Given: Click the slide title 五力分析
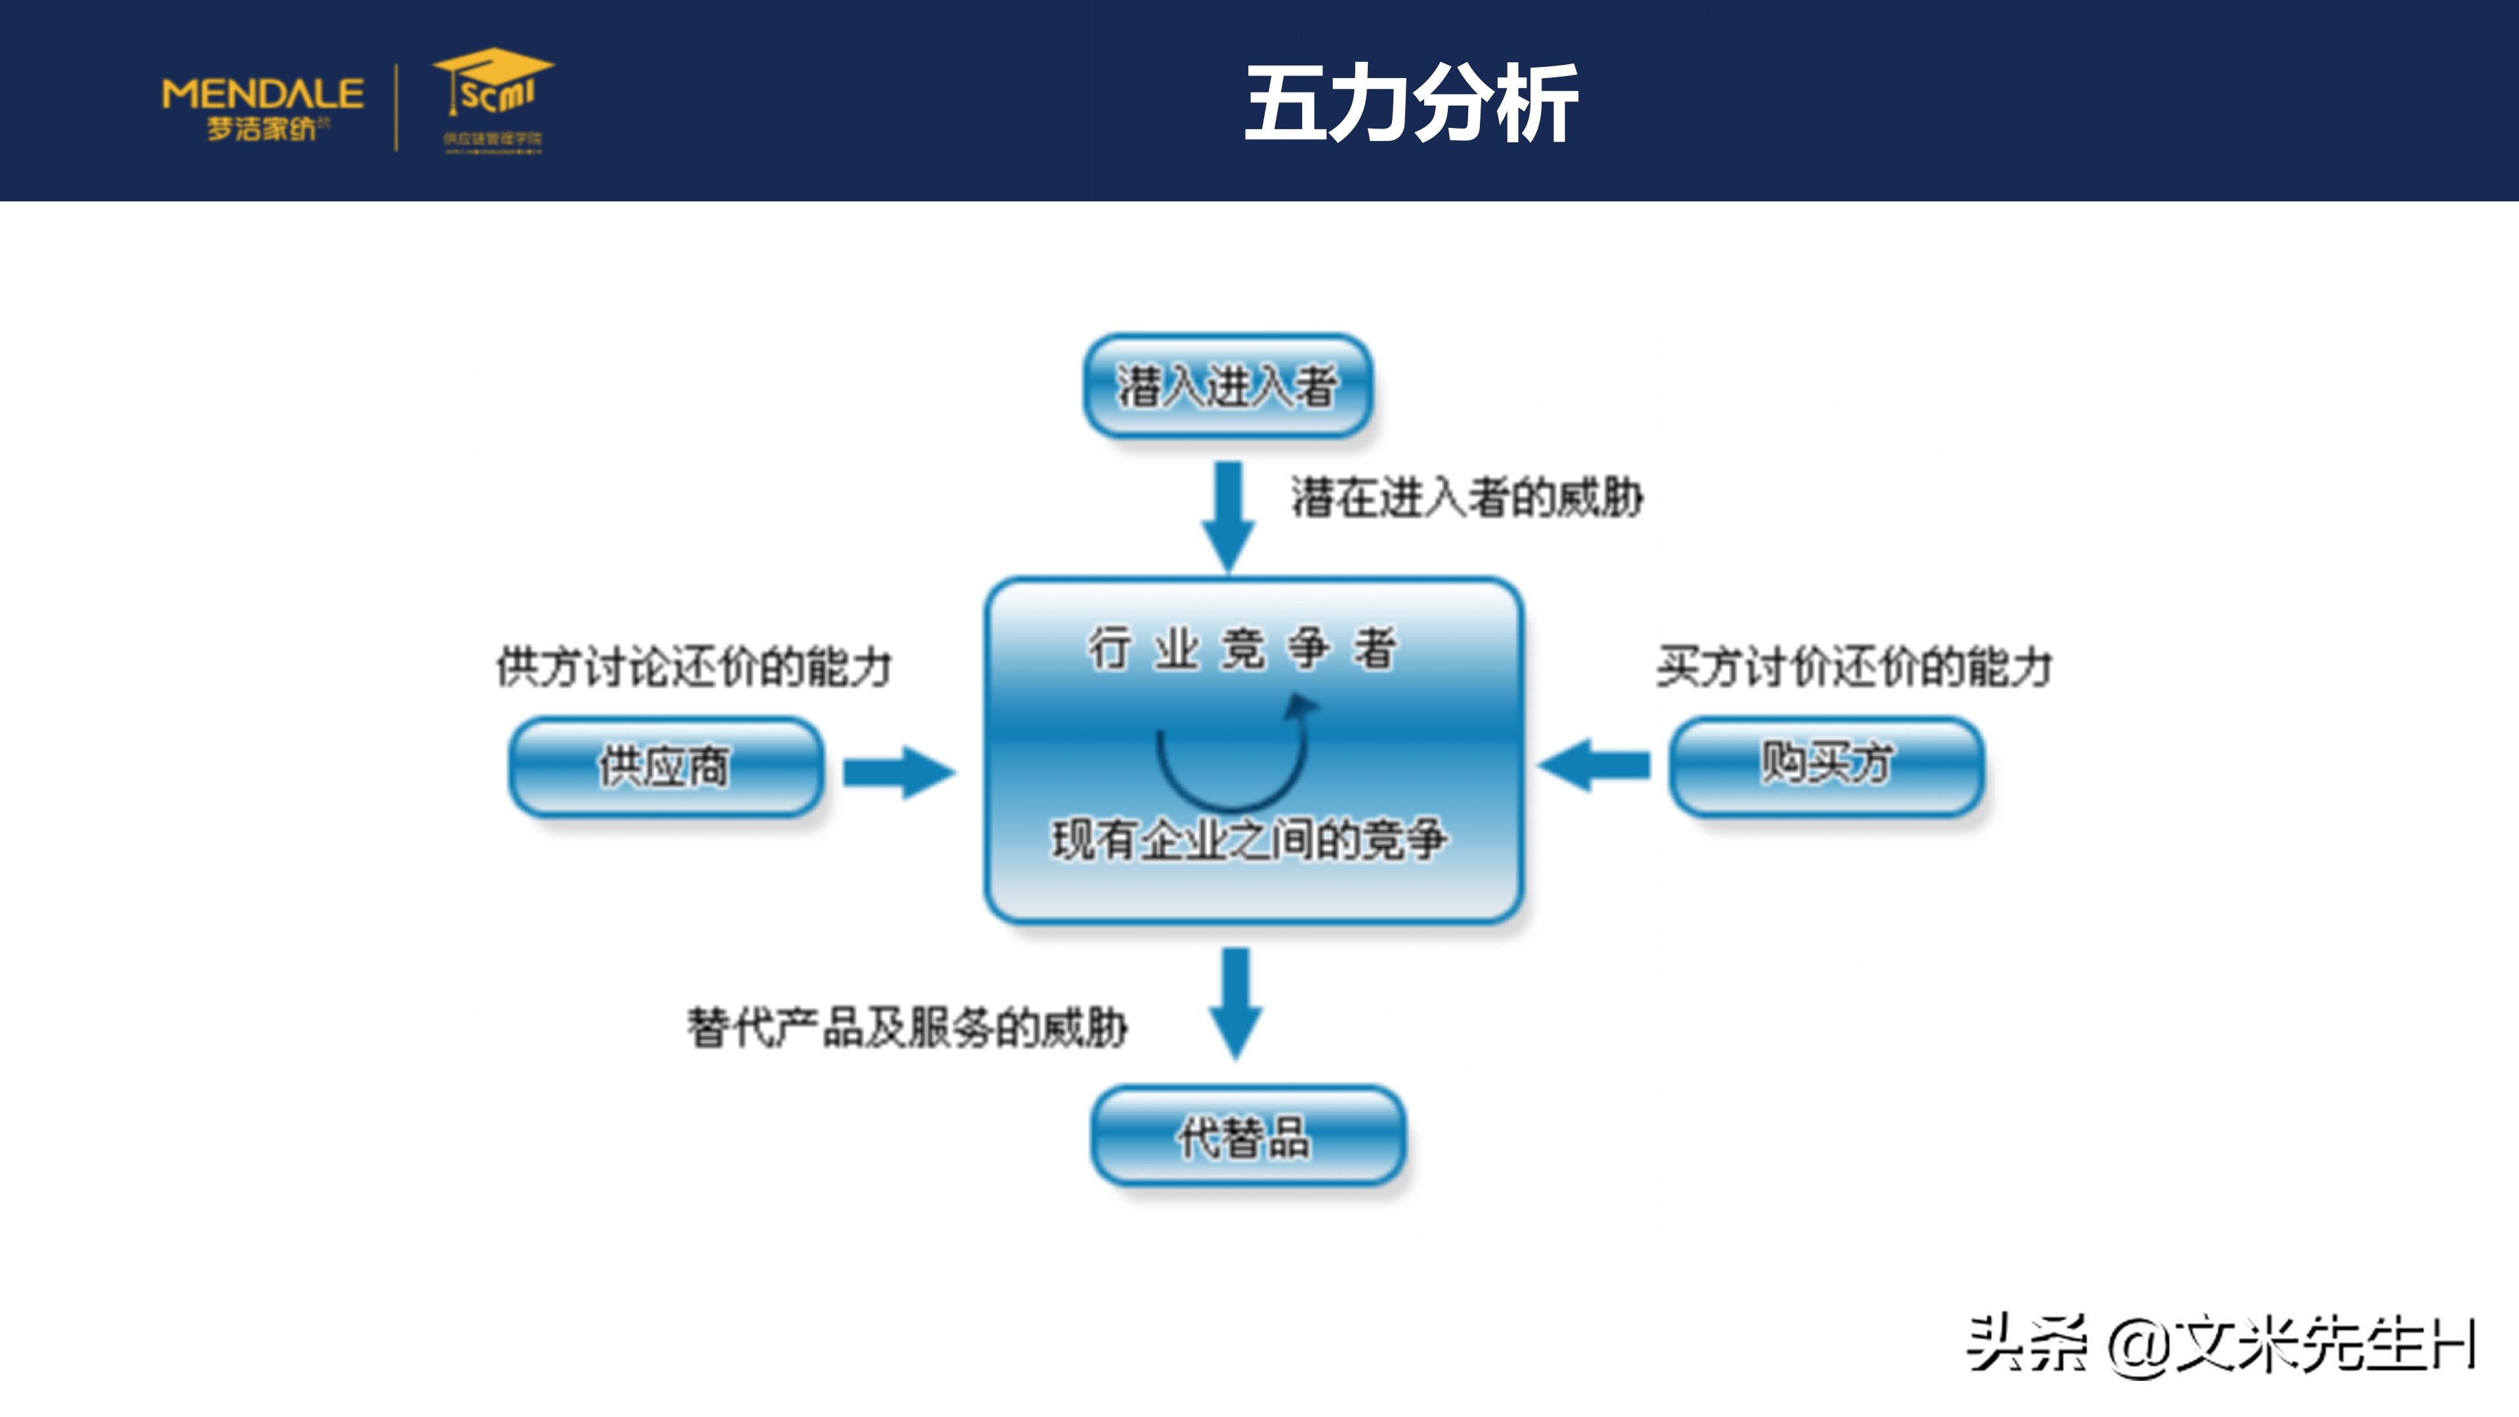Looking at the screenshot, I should (x=1410, y=104).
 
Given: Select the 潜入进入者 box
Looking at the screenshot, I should (x=1227, y=385).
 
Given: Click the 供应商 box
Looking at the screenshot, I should (x=665, y=766).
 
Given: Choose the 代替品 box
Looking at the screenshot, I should (x=1247, y=1136).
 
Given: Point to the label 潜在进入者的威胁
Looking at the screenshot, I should (x=1467, y=497).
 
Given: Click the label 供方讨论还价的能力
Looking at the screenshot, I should (x=694, y=667).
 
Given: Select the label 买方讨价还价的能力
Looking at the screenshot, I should (x=1854, y=667).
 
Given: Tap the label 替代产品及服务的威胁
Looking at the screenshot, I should (x=907, y=1027).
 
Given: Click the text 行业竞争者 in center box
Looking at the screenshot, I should (x=1242, y=648).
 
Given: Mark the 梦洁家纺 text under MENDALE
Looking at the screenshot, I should (x=262, y=128).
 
